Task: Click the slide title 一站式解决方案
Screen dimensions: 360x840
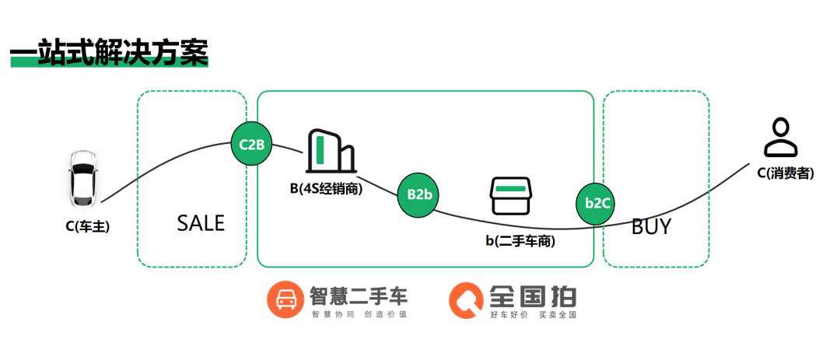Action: [109, 52]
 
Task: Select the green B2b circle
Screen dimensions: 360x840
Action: [419, 194]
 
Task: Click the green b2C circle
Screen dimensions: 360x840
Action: [597, 203]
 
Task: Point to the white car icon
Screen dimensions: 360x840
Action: [82, 178]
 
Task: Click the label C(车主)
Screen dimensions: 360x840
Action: [87, 227]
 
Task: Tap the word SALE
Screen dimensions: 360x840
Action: [201, 224]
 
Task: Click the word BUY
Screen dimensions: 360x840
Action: [651, 227]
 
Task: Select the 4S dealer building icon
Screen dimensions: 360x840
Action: [331, 151]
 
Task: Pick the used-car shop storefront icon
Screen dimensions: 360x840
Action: [510, 197]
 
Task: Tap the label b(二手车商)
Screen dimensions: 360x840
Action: [520, 241]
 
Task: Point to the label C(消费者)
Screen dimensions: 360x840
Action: [786, 173]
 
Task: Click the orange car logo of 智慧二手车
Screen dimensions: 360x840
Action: [284, 300]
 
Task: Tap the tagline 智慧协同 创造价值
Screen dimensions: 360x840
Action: [359, 315]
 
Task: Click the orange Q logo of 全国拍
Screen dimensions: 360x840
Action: [466, 300]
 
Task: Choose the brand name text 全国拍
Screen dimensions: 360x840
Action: [534, 295]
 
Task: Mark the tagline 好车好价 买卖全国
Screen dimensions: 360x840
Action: [534, 315]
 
